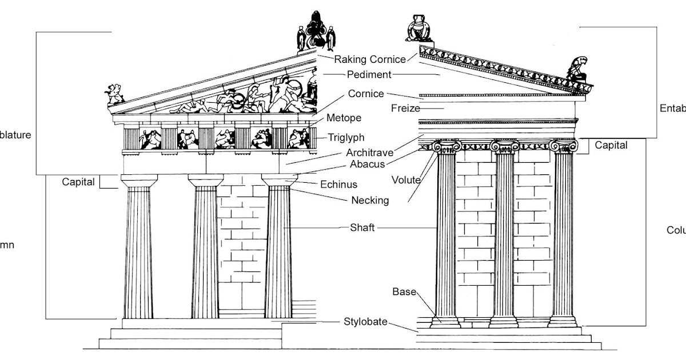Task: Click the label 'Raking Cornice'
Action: point(370,59)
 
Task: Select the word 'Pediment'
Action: point(369,74)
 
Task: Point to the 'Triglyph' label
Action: point(346,138)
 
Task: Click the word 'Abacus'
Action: point(372,165)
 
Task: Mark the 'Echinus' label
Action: point(338,184)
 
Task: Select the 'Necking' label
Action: point(370,200)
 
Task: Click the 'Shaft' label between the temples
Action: point(362,227)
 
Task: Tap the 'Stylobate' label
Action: point(365,322)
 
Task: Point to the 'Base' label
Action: point(404,291)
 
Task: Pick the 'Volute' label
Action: point(406,180)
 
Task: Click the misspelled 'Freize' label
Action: point(406,107)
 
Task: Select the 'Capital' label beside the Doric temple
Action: point(78,182)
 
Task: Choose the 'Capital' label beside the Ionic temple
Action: point(611,145)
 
